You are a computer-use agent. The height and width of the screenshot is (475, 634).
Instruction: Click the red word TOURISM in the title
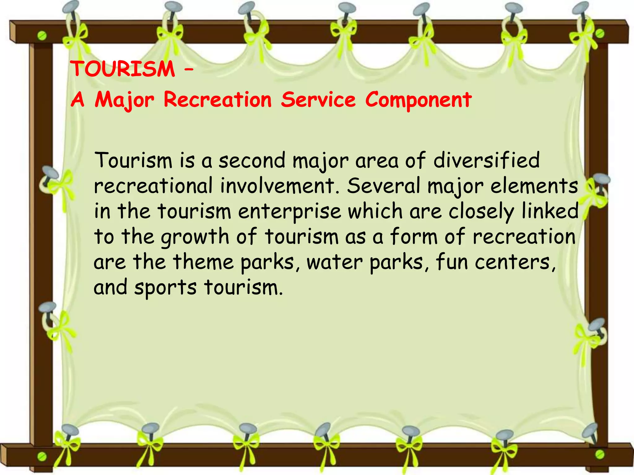pos(123,69)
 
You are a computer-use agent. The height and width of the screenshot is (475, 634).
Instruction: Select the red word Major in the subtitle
pos(124,100)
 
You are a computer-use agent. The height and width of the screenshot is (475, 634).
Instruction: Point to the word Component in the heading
pos(418,100)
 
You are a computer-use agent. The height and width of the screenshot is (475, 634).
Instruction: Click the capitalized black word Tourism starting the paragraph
pos(133,160)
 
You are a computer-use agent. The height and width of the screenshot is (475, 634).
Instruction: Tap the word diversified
pos(486,160)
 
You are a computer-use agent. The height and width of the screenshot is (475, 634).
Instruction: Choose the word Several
pos(384,186)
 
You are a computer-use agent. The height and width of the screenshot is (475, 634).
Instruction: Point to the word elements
pos(534,186)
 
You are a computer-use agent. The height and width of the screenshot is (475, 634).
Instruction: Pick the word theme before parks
pos(203,262)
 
